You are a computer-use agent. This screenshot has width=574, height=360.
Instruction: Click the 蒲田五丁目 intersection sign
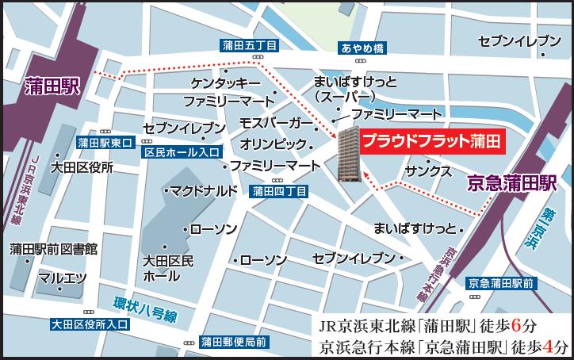(x=249, y=48)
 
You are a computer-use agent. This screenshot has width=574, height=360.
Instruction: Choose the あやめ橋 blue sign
(x=362, y=48)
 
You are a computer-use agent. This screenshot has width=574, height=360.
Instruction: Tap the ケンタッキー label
(x=226, y=83)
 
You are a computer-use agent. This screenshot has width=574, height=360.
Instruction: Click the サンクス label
(x=427, y=171)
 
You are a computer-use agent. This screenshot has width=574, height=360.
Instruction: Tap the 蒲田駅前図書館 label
(x=53, y=250)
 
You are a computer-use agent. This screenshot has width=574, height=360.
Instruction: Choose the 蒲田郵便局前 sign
(x=233, y=342)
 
